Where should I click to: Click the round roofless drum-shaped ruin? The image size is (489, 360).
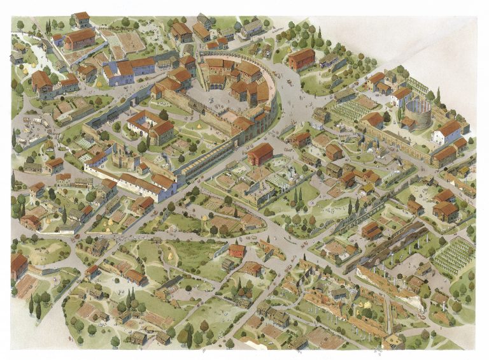(x=418, y=113)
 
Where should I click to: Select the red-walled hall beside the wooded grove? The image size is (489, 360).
(x=301, y=59)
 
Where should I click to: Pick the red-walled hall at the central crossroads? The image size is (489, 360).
(x=260, y=154)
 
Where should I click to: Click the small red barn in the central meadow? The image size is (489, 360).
(x=236, y=250)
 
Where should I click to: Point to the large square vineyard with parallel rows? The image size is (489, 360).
(x=453, y=256)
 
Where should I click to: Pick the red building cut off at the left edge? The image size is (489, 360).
(x=18, y=265)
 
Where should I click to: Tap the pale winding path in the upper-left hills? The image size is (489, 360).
(x=38, y=57)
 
